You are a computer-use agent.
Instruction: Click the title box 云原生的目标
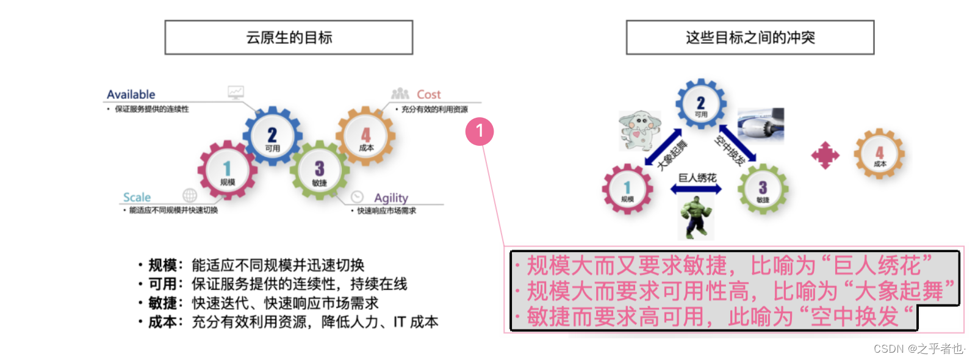[289, 38]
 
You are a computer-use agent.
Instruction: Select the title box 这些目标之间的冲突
[750, 38]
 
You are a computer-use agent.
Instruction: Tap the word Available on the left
[131, 95]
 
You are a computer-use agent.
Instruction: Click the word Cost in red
[428, 95]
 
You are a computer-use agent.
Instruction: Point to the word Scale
[137, 197]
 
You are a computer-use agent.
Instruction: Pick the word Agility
[391, 198]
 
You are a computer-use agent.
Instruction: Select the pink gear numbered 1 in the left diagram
[227, 170]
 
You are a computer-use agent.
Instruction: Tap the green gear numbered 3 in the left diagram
[319, 170]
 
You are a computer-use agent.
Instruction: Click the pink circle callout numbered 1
[480, 131]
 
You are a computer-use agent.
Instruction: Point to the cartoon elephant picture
[639, 129]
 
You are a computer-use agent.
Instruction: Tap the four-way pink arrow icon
[825, 156]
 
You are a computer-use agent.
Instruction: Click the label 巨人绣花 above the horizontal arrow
[697, 178]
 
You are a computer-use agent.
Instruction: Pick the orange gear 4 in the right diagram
[879, 154]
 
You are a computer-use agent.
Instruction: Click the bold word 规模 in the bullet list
[162, 265]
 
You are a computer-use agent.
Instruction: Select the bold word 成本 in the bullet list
[162, 322]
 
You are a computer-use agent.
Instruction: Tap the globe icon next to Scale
[190, 195]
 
